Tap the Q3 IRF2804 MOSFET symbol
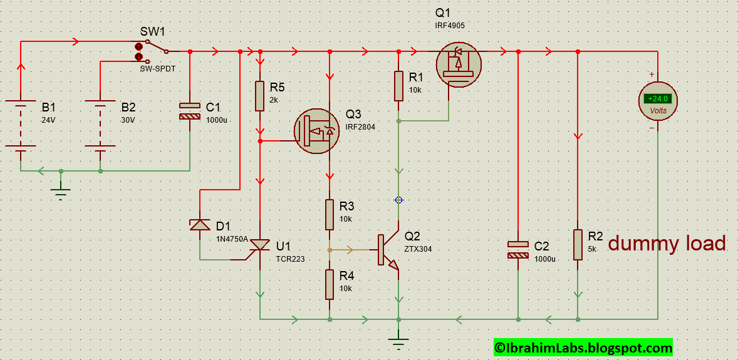click(x=317, y=131)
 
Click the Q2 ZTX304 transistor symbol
click(x=389, y=250)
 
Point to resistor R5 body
click(x=260, y=96)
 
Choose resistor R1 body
click(x=398, y=86)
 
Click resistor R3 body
click(x=330, y=215)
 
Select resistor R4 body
click(x=330, y=284)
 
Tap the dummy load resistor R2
click(x=578, y=244)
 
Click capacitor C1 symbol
click(x=189, y=111)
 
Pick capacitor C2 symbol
click(x=517, y=249)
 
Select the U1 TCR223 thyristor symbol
click(x=260, y=247)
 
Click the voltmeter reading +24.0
click(x=658, y=99)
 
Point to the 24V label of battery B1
click(x=49, y=120)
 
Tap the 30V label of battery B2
click(x=128, y=120)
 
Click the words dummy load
click(x=667, y=244)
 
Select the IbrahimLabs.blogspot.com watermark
click(x=583, y=347)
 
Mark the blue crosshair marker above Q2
click(x=398, y=200)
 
